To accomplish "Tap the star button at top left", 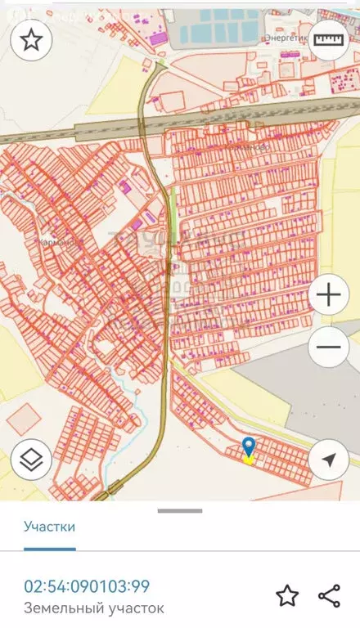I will click(31, 39).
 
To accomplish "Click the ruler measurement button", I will click(328, 39).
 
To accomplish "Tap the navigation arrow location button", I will click(328, 460).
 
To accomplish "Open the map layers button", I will click(31, 460).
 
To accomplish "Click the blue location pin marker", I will click(249, 446).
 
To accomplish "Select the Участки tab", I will click(50, 526).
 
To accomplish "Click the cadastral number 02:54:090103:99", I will click(87, 586).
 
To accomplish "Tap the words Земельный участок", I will click(94, 608).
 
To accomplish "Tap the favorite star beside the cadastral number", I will click(286, 595).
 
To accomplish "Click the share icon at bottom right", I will click(329, 595).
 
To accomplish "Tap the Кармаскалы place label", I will click(56, 242).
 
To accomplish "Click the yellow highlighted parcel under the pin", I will click(248, 460).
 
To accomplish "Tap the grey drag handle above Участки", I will click(180, 511).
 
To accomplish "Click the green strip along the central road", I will click(173, 221).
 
